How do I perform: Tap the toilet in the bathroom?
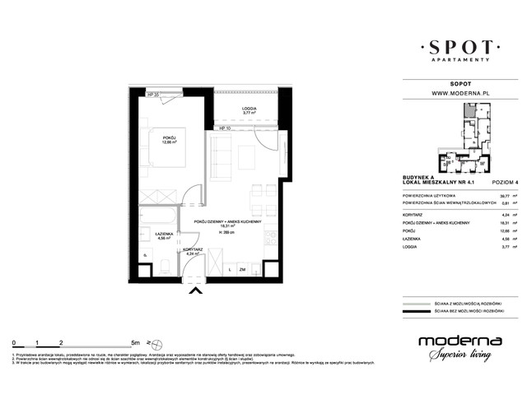coord(165,262)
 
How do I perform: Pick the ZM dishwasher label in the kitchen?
coord(242,269)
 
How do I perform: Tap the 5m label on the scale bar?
coord(133,342)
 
